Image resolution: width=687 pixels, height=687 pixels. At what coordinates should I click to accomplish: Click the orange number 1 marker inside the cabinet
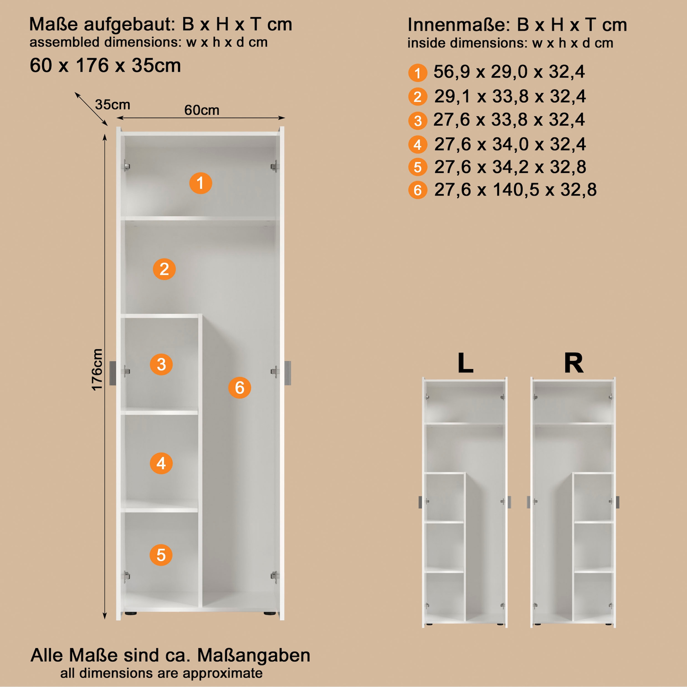pos(201,183)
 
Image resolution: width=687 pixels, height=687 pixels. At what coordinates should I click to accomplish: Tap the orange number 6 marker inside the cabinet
pos(239,388)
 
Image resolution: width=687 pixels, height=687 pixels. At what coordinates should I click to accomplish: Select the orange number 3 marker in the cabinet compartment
pos(161,364)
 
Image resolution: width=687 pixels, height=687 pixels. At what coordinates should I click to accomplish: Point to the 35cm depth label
pos(112,104)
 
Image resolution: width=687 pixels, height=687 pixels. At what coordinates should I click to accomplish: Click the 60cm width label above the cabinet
pos(202,110)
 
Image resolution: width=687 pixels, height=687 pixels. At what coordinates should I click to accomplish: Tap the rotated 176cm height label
pos(97,370)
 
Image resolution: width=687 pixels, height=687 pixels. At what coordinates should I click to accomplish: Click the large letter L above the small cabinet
pos(465,363)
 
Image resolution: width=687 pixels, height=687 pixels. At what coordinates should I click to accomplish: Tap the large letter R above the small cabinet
pos(574,363)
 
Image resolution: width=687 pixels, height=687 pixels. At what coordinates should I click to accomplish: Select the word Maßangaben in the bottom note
pos(254,655)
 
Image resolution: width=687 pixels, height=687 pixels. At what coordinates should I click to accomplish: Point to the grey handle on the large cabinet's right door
pos(288,373)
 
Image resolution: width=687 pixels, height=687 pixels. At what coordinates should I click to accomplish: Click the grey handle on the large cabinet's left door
pos(113,373)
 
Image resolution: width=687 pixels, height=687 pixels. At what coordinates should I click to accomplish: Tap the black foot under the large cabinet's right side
pos(269,613)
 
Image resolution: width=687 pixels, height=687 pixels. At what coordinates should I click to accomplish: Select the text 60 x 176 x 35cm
pos(105,66)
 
